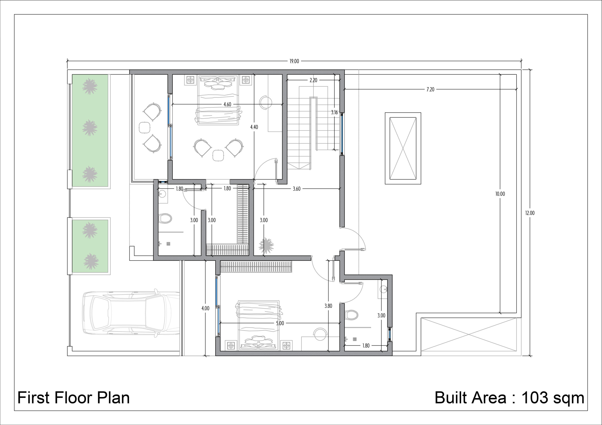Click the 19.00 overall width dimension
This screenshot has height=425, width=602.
pyautogui.click(x=294, y=61)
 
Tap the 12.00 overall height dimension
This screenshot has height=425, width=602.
pyautogui.click(x=530, y=213)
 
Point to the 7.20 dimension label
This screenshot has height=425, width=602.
pyautogui.click(x=430, y=89)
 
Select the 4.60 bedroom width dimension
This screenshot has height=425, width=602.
pyautogui.click(x=227, y=104)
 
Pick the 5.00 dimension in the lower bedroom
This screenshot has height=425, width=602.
pyautogui.click(x=280, y=323)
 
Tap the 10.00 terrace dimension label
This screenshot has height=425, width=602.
pyautogui.click(x=500, y=194)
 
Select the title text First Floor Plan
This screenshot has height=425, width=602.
pyautogui.click(x=74, y=398)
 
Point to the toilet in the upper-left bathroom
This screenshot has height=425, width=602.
pyautogui.click(x=165, y=218)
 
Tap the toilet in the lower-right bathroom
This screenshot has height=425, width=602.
pyautogui.click(x=351, y=315)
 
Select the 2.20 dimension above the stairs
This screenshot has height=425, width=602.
pyautogui.click(x=313, y=80)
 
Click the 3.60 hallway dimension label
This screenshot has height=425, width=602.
pyautogui.click(x=297, y=189)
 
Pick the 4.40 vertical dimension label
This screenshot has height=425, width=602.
pyautogui.click(x=254, y=127)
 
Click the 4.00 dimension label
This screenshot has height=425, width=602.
pyautogui.click(x=205, y=309)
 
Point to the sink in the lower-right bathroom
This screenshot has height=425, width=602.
pyautogui.click(x=383, y=289)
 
